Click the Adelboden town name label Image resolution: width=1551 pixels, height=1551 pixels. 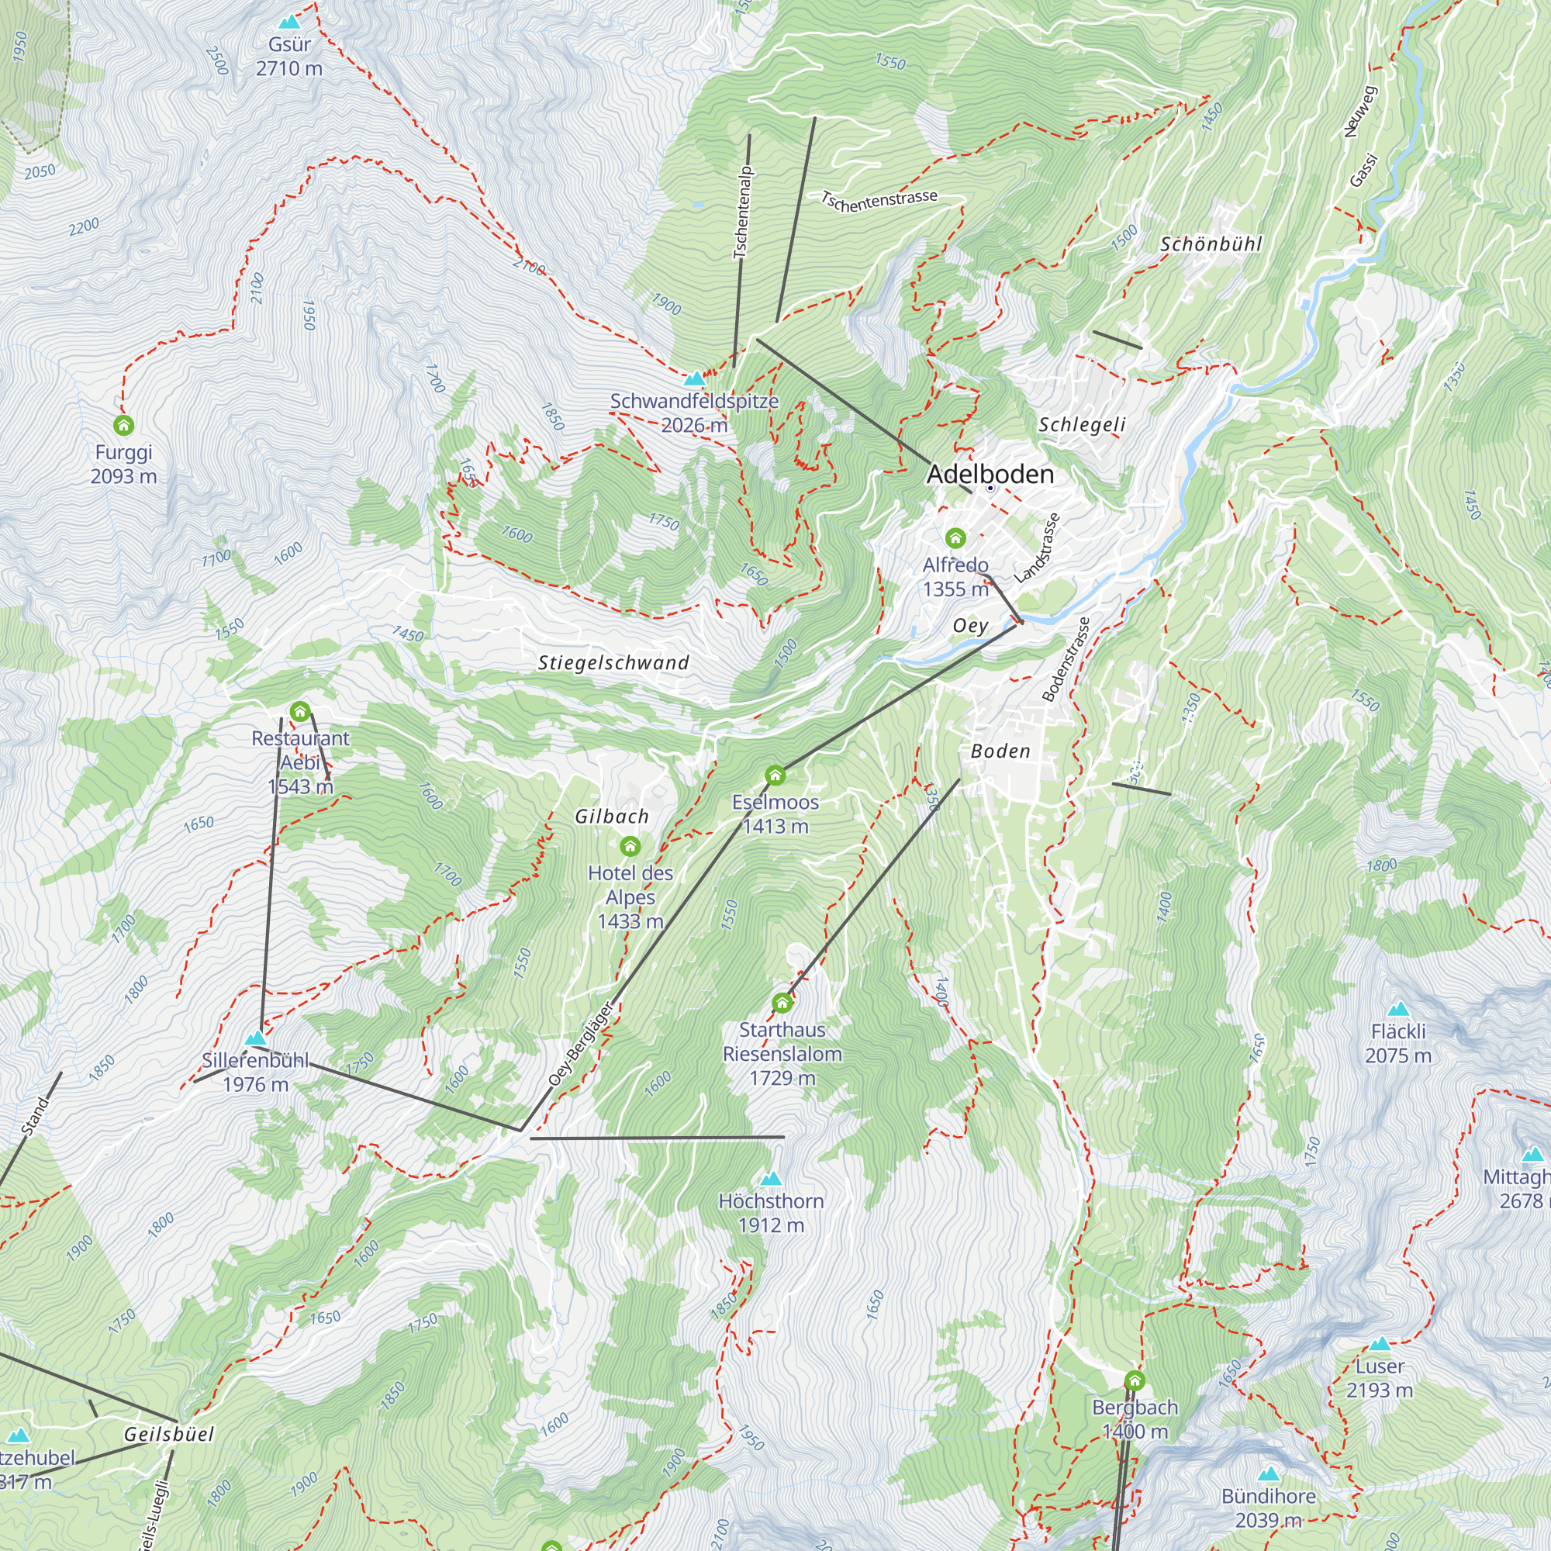(x=990, y=474)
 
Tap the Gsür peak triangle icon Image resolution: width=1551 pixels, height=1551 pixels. (x=289, y=22)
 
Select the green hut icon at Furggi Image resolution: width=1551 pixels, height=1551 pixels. (x=123, y=425)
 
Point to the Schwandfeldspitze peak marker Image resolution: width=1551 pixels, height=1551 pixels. (x=693, y=378)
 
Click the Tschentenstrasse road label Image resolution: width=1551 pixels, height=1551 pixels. (x=879, y=200)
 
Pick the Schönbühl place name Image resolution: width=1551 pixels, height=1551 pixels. (x=1211, y=244)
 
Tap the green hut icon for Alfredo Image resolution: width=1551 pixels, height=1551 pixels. (x=955, y=537)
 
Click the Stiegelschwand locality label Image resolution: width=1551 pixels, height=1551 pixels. (x=613, y=662)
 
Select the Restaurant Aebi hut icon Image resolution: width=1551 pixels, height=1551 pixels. (x=299, y=711)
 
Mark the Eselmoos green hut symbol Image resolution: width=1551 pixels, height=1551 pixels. (x=775, y=775)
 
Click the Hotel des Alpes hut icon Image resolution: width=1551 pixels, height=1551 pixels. (x=630, y=846)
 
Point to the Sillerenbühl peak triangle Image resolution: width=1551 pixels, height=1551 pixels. (x=255, y=1038)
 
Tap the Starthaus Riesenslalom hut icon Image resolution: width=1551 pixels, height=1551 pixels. (x=782, y=1003)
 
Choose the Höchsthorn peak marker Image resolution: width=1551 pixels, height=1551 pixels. (x=771, y=1179)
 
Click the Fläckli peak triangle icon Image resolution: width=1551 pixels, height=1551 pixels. (x=1397, y=1009)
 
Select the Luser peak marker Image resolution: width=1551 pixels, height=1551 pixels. (x=1379, y=1344)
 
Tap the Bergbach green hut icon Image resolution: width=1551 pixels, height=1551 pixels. (x=1135, y=1381)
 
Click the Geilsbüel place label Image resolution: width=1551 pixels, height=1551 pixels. (x=168, y=1434)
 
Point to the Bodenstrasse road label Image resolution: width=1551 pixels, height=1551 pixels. (x=1066, y=660)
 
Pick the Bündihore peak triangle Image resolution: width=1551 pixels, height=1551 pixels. (x=1269, y=1474)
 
